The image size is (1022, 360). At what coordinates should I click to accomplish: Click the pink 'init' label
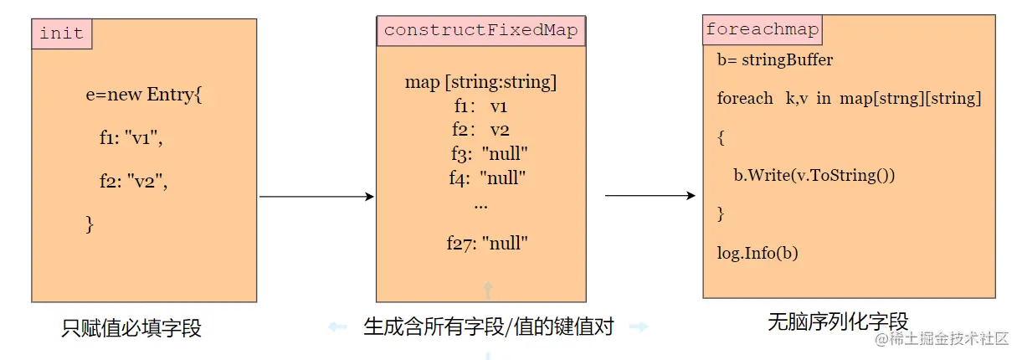(x=62, y=33)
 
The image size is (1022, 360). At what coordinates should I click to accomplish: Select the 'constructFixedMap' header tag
(x=481, y=31)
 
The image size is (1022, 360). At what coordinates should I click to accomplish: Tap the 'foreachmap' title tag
(x=762, y=30)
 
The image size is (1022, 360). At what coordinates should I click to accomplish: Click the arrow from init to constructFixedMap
(x=316, y=197)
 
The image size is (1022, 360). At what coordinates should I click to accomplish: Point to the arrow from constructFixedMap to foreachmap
(x=650, y=196)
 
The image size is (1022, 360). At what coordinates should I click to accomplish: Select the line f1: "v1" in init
(x=131, y=137)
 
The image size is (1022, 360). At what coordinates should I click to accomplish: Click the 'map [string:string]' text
(x=480, y=82)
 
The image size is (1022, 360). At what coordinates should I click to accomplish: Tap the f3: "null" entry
(x=489, y=154)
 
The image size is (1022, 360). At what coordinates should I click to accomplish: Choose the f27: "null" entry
(x=487, y=244)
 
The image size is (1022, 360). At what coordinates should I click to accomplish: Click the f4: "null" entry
(x=487, y=177)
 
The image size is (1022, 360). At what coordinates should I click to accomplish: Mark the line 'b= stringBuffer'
(x=775, y=60)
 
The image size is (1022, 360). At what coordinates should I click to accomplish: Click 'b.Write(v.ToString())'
(x=814, y=175)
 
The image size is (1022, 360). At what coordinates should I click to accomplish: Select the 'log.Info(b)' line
(x=758, y=252)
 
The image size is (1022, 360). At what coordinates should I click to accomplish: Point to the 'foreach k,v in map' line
(x=849, y=99)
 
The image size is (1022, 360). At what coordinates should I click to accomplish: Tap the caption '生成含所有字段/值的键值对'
(x=489, y=327)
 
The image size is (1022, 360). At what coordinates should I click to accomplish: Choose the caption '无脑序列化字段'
(x=838, y=321)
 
